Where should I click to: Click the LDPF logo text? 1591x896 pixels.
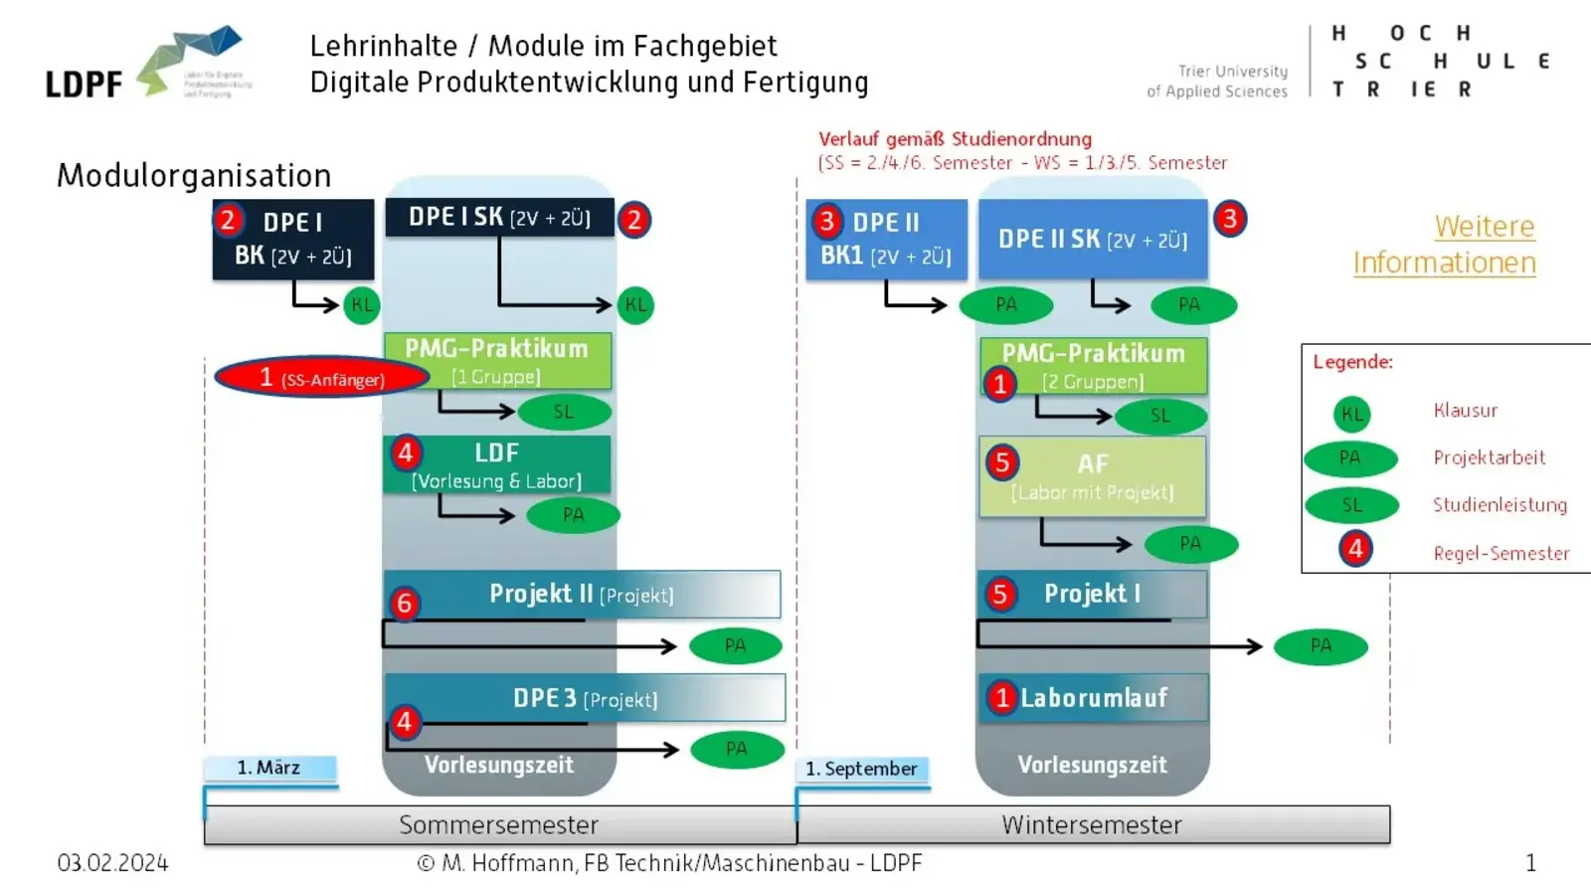[x=84, y=85]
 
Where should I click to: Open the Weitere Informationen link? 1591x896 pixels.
[x=1444, y=245]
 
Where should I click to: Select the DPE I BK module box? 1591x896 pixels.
[x=293, y=239]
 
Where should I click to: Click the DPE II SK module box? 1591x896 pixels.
[x=1092, y=240]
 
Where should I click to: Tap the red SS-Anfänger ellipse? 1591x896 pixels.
[x=320, y=378]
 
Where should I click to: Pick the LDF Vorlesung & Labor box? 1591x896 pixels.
[x=497, y=465]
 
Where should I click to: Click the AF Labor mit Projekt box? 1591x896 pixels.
[x=1092, y=476]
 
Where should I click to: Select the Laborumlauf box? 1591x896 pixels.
[x=1094, y=698]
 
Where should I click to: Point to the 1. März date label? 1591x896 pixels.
[x=268, y=768]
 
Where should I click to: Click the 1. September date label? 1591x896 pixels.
[x=861, y=769]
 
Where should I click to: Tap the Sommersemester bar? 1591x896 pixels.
[x=499, y=825]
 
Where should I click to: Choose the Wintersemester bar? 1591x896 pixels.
[x=1092, y=825]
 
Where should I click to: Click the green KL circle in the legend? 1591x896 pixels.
[x=1351, y=414]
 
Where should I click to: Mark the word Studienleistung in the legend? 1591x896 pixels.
[x=1499, y=505]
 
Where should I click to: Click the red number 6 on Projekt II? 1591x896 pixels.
[x=404, y=603]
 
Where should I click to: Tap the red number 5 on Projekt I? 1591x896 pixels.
[x=999, y=595]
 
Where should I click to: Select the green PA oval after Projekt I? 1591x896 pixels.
[x=1321, y=646]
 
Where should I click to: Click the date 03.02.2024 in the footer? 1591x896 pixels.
[x=112, y=863]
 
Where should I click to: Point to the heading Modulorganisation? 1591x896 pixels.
[x=194, y=175]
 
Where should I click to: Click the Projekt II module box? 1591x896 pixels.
[x=582, y=594]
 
